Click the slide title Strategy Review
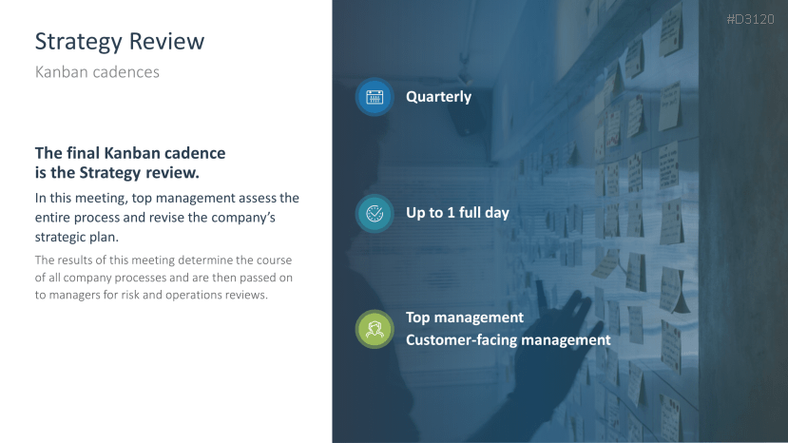pyautogui.click(x=120, y=42)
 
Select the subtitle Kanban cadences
pyautogui.click(x=97, y=72)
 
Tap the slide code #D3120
pyautogui.click(x=750, y=19)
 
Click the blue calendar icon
pyautogui.click(x=375, y=97)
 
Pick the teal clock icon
pyautogui.click(x=375, y=214)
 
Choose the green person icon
pyautogui.click(x=375, y=329)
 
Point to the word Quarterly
pyautogui.click(x=439, y=97)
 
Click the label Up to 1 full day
pyautogui.click(x=457, y=213)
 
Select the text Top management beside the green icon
pyautogui.click(x=465, y=318)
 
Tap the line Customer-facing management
pyautogui.click(x=509, y=340)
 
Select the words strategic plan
pyautogui.click(x=76, y=238)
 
